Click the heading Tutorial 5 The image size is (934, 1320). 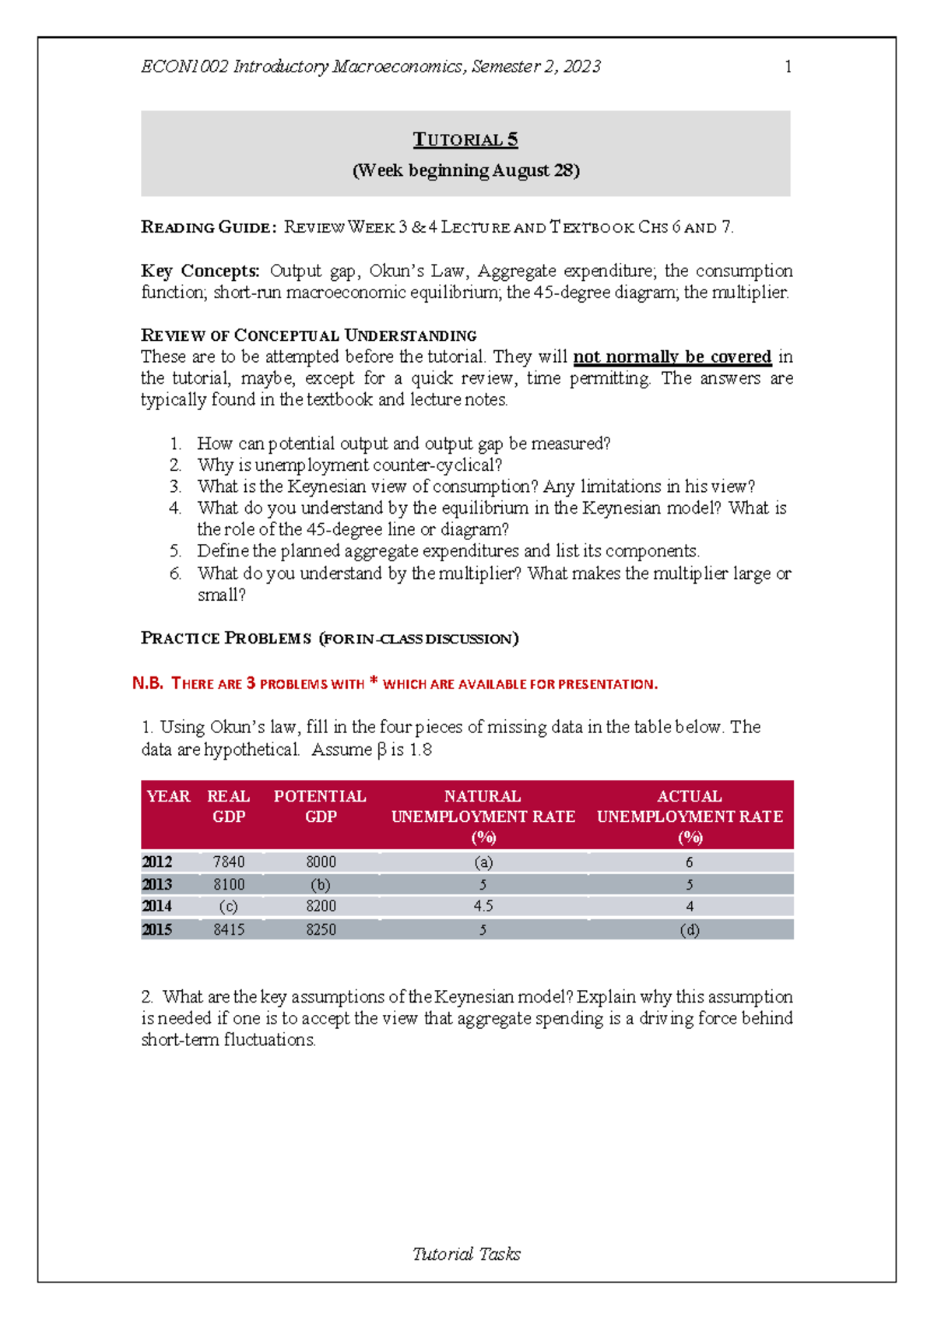pyautogui.click(x=465, y=140)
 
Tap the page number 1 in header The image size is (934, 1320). pyautogui.click(x=788, y=67)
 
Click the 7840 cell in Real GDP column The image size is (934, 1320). pyautogui.click(x=229, y=862)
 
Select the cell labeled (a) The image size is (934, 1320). pyautogui.click(x=483, y=862)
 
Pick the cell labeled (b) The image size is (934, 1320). pyautogui.click(x=321, y=885)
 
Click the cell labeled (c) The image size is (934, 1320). pyautogui.click(x=228, y=907)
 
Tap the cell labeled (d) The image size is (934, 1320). pyautogui.click(x=690, y=930)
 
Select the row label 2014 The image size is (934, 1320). pyautogui.click(x=157, y=907)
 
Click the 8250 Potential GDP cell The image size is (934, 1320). pyautogui.click(x=321, y=930)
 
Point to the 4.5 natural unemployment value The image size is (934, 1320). pyautogui.click(x=483, y=907)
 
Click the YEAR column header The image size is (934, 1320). pyautogui.click(x=168, y=796)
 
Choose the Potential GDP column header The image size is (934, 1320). pyautogui.click(x=320, y=806)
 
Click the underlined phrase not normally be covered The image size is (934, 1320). pyautogui.click(x=672, y=357)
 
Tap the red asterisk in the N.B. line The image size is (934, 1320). pyautogui.click(x=374, y=682)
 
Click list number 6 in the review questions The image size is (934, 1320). pyautogui.click(x=176, y=574)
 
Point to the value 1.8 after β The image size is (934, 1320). pyautogui.click(x=420, y=750)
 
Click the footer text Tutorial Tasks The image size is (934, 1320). pyautogui.click(x=466, y=1254)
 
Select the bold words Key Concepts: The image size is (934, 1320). pyautogui.click(x=200, y=271)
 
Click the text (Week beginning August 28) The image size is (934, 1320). pyautogui.click(x=465, y=170)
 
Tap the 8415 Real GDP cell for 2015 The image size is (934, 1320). pyautogui.click(x=229, y=930)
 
